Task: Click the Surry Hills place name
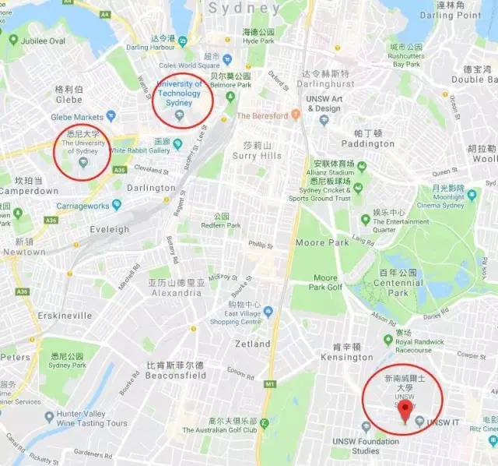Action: click(x=255, y=156)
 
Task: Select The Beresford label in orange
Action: click(x=263, y=115)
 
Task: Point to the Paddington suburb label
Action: click(x=368, y=143)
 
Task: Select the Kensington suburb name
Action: click(x=348, y=358)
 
